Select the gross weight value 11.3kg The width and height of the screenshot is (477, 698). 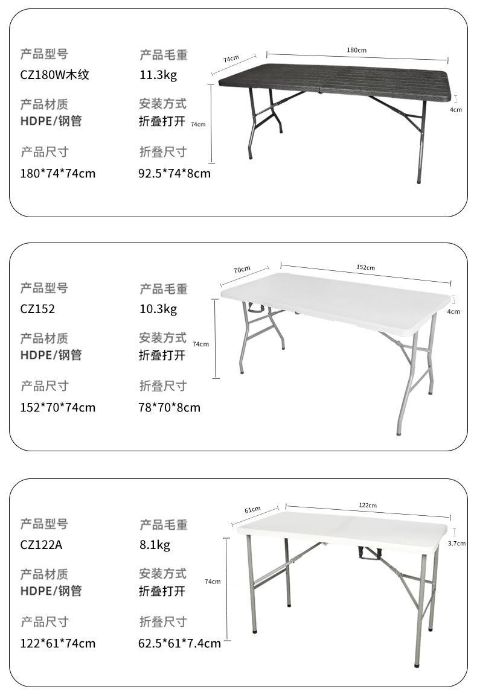click(x=158, y=75)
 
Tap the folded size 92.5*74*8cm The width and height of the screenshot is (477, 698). click(x=174, y=174)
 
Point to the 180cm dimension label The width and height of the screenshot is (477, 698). click(x=357, y=49)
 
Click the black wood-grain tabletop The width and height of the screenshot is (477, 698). click(x=335, y=81)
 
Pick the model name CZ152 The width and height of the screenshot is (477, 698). click(x=37, y=309)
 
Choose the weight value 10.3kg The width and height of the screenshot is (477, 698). click(x=158, y=309)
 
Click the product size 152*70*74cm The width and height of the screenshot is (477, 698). click(x=58, y=407)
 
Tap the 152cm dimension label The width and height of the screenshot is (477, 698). click(x=365, y=267)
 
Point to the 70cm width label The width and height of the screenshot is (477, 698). click(x=242, y=269)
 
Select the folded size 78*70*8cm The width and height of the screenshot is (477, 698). click(x=169, y=407)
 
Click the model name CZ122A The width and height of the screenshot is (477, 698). click(x=42, y=545)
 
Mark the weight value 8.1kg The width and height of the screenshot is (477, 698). click(x=155, y=545)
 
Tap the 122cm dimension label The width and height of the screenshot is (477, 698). click(x=368, y=505)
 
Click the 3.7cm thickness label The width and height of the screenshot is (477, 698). click(x=456, y=543)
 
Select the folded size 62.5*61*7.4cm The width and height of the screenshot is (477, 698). click(x=179, y=643)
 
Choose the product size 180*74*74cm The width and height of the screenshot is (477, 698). click(x=58, y=174)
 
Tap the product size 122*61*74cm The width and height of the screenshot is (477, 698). click(x=58, y=643)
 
